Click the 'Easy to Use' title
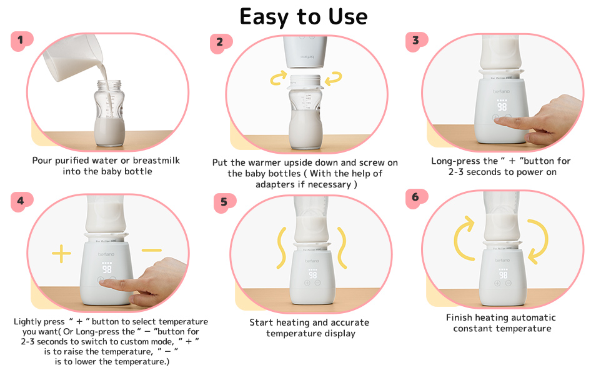point(304,16)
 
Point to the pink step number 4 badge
point(21,201)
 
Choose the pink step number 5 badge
point(224,202)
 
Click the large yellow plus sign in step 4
point(61,254)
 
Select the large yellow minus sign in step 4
point(152,251)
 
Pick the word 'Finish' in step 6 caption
point(460,317)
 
